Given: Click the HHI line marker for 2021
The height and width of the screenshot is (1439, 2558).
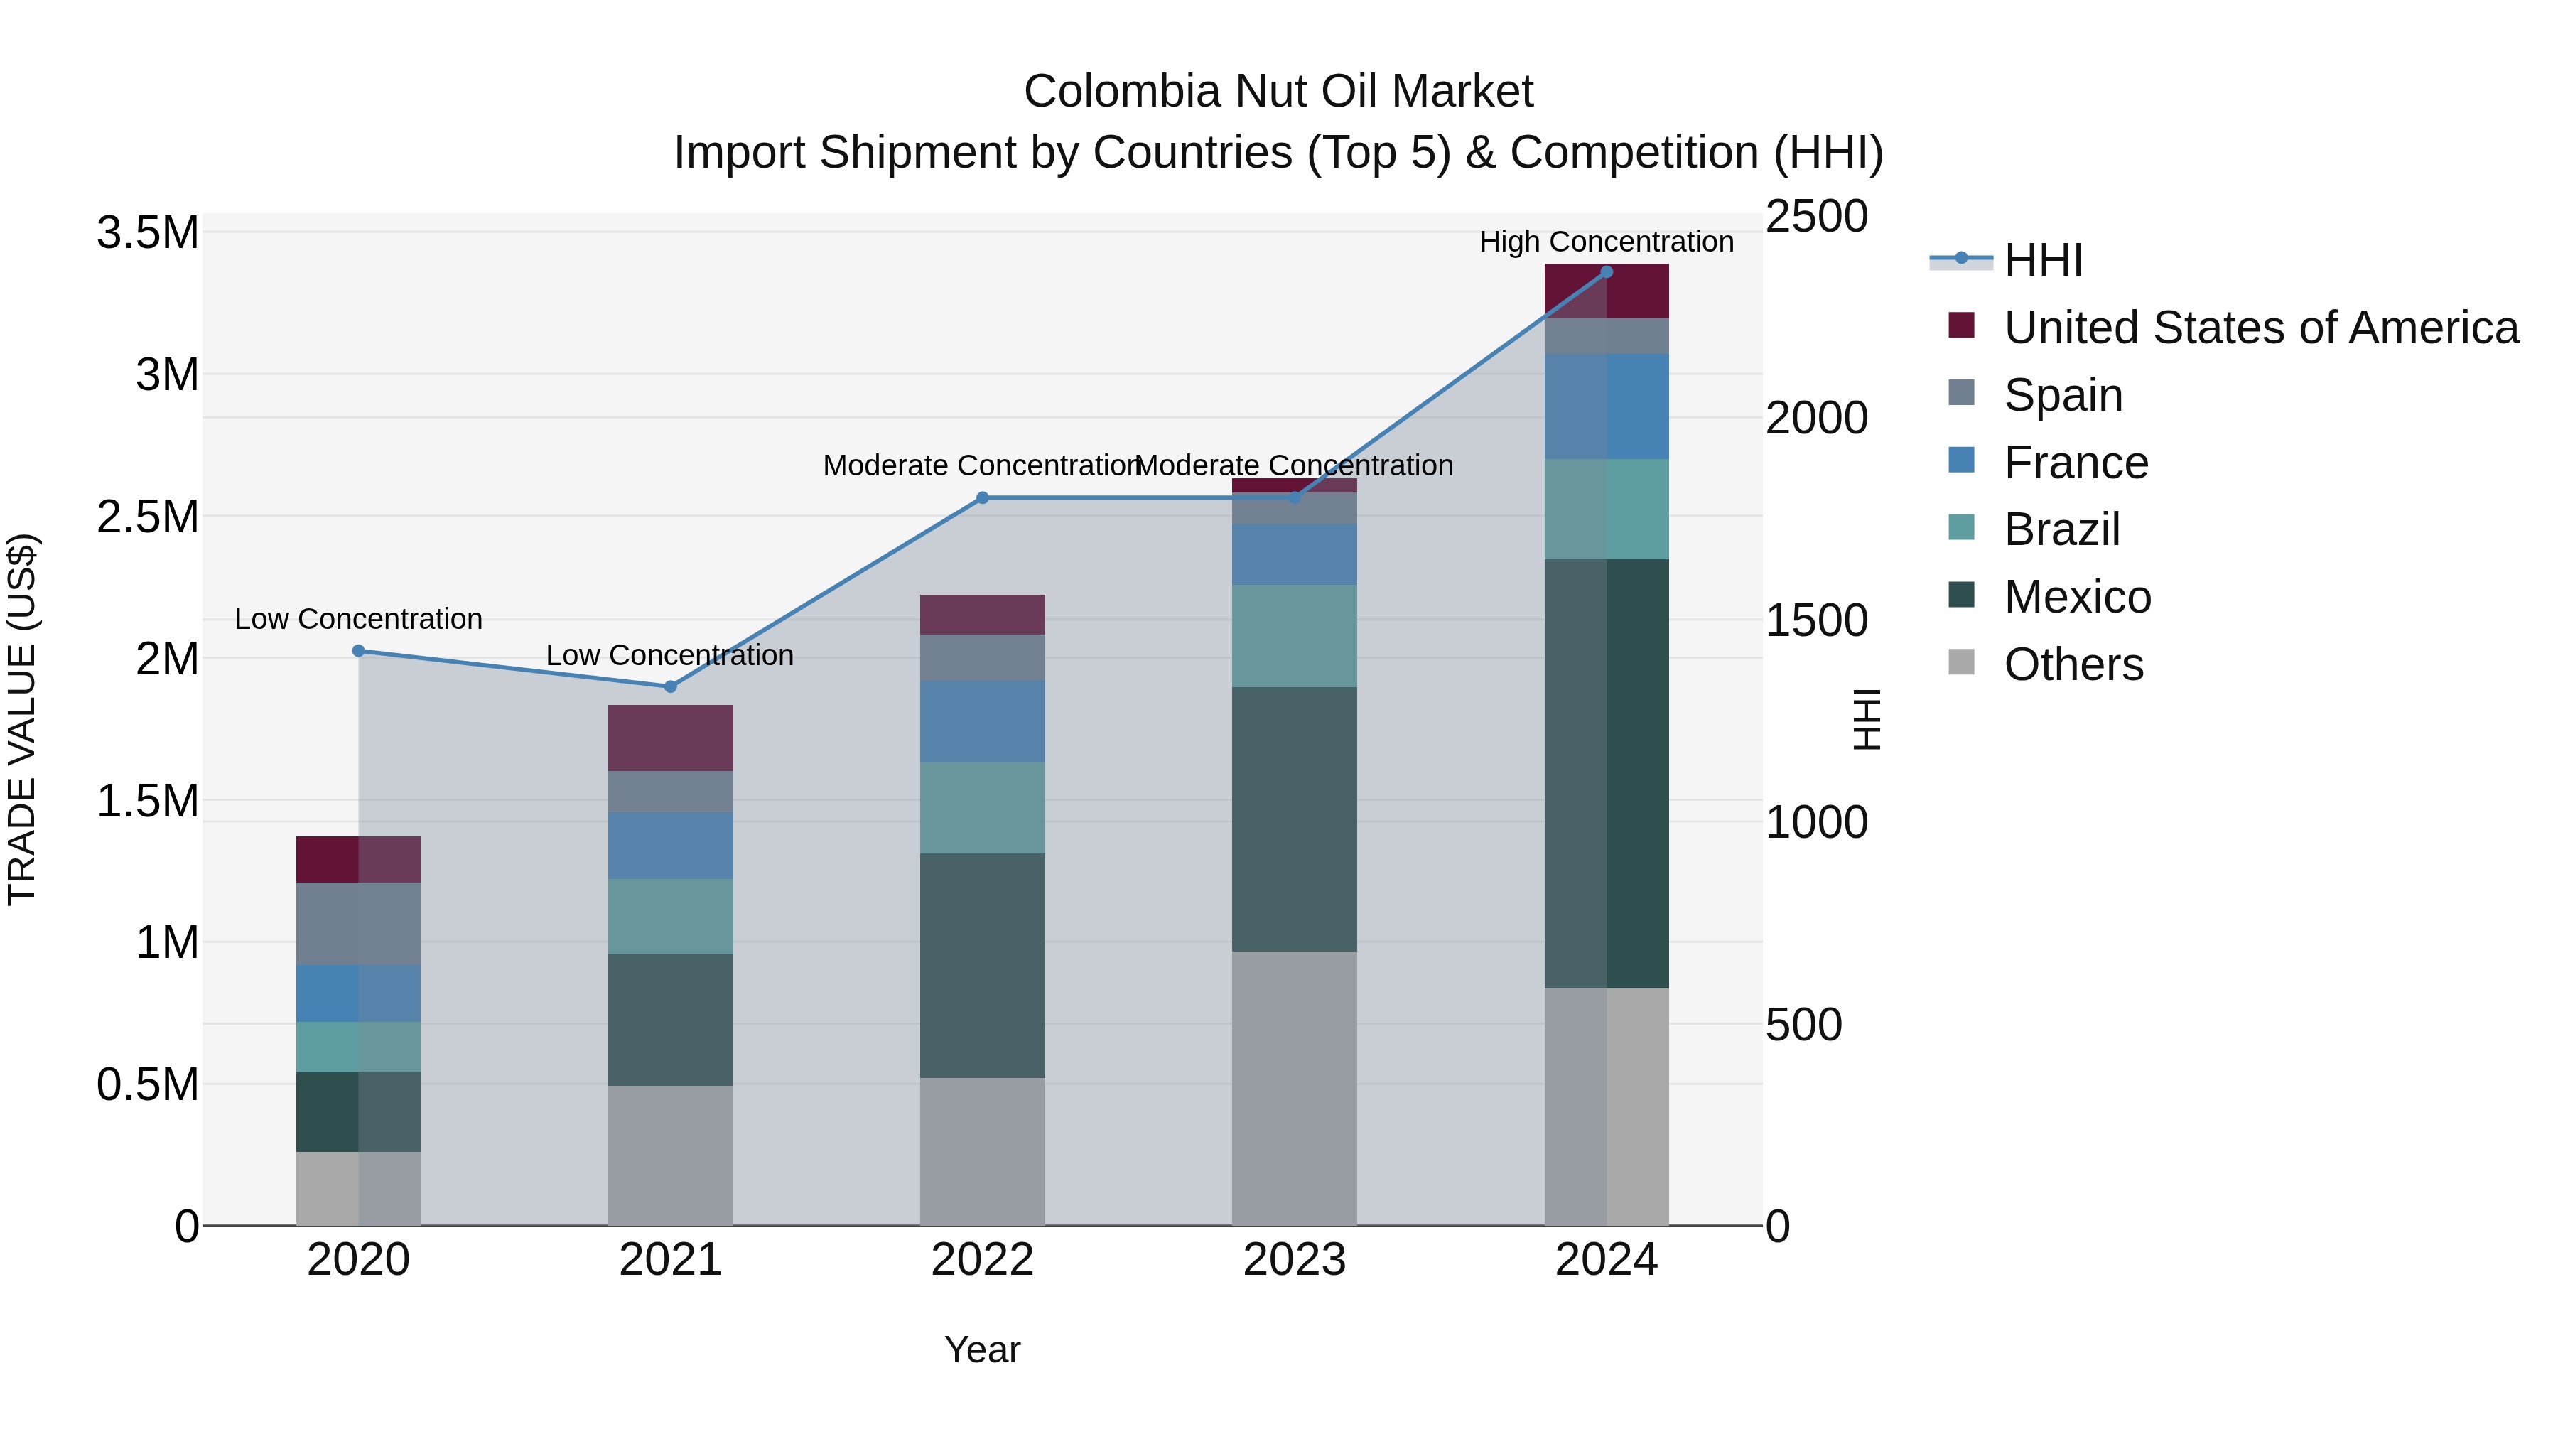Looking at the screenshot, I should (670, 686).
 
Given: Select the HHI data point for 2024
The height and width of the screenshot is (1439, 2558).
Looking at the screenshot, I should (1607, 272).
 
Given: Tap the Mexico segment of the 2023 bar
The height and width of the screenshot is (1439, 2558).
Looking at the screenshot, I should (1294, 819).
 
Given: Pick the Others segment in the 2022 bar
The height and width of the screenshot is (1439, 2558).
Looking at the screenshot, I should (982, 1151).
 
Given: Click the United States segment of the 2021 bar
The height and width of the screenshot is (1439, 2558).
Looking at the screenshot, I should (670, 738).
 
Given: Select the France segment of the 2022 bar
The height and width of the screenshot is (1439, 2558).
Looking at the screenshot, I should (982, 721).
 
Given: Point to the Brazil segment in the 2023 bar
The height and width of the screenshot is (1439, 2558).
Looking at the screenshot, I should (1294, 635).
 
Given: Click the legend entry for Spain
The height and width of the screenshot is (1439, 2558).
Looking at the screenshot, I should (2063, 395).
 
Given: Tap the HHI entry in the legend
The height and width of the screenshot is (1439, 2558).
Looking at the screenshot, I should (2043, 260).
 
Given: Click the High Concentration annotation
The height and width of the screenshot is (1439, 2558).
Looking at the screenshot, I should (1606, 242).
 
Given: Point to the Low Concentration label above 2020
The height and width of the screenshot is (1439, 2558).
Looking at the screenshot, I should (359, 619).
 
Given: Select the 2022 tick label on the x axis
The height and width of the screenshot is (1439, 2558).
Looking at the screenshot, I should (982, 1260).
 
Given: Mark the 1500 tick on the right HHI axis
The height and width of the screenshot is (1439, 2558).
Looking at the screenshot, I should (1816, 620).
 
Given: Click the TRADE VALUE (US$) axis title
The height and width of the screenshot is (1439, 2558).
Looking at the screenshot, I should (22, 719).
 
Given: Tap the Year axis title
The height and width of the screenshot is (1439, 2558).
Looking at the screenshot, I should (982, 1349).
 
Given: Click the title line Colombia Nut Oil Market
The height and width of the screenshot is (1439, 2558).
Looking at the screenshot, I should (1278, 92).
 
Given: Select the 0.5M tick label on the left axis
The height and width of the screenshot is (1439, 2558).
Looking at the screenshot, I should (148, 1085).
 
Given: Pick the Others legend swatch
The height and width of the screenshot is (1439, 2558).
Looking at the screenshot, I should (1961, 662).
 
